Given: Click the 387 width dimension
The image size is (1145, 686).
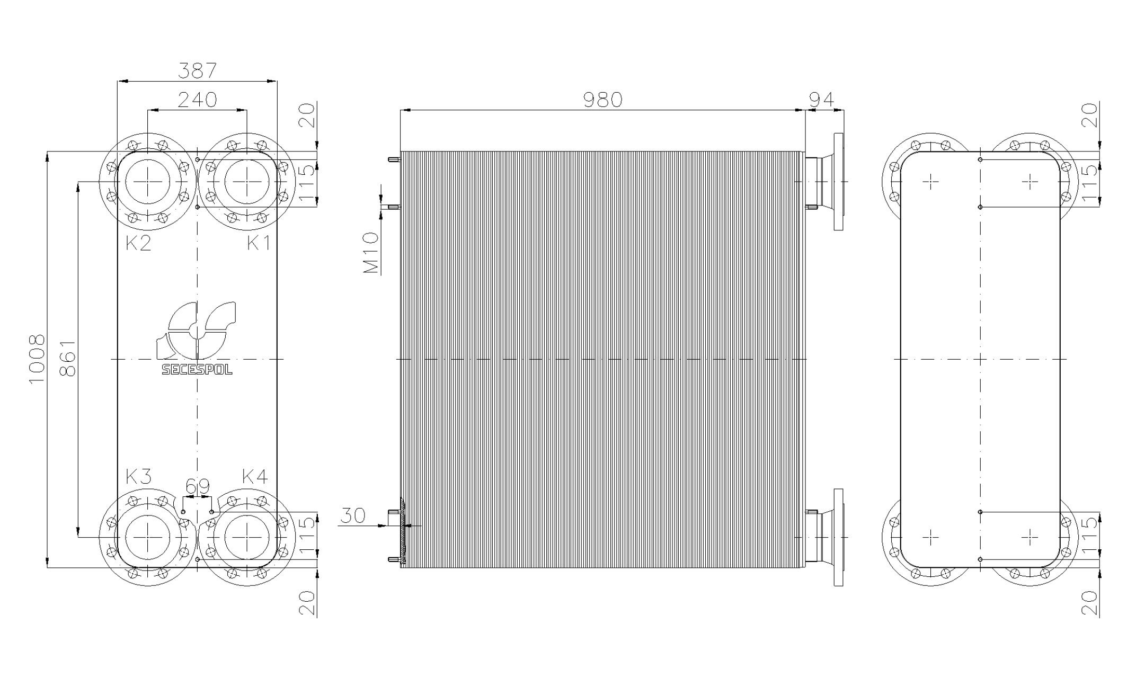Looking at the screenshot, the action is pos(197,70).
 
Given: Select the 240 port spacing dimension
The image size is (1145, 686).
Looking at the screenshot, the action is pos(197,100).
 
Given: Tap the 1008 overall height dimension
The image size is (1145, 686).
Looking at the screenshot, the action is pos(37,360).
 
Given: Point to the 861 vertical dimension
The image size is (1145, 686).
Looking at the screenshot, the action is pos(67,358).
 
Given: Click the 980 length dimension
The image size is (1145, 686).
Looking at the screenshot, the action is pos(602,100).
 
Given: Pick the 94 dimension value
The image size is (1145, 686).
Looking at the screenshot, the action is pos(822,100).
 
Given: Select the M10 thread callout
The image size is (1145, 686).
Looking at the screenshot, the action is pos(371,253).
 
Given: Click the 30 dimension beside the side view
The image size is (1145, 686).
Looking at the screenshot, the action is pos(352,515).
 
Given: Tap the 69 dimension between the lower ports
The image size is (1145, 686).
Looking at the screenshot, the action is pos(197,486).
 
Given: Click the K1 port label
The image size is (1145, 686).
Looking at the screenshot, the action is pos(259,243).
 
